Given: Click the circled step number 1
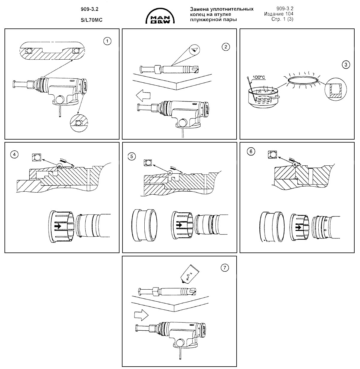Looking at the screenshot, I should click(x=107, y=41).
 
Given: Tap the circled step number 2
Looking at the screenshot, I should click(x=225, y=46).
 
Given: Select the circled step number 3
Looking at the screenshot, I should click(x=346, y=65).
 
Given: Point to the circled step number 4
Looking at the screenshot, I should click(x=14, y=155).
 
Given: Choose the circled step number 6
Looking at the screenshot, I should click(x=251, y=152).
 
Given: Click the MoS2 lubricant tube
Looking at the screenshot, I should click(x=188, y=274).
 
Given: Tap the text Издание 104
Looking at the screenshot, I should click(x=279, y=14).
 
